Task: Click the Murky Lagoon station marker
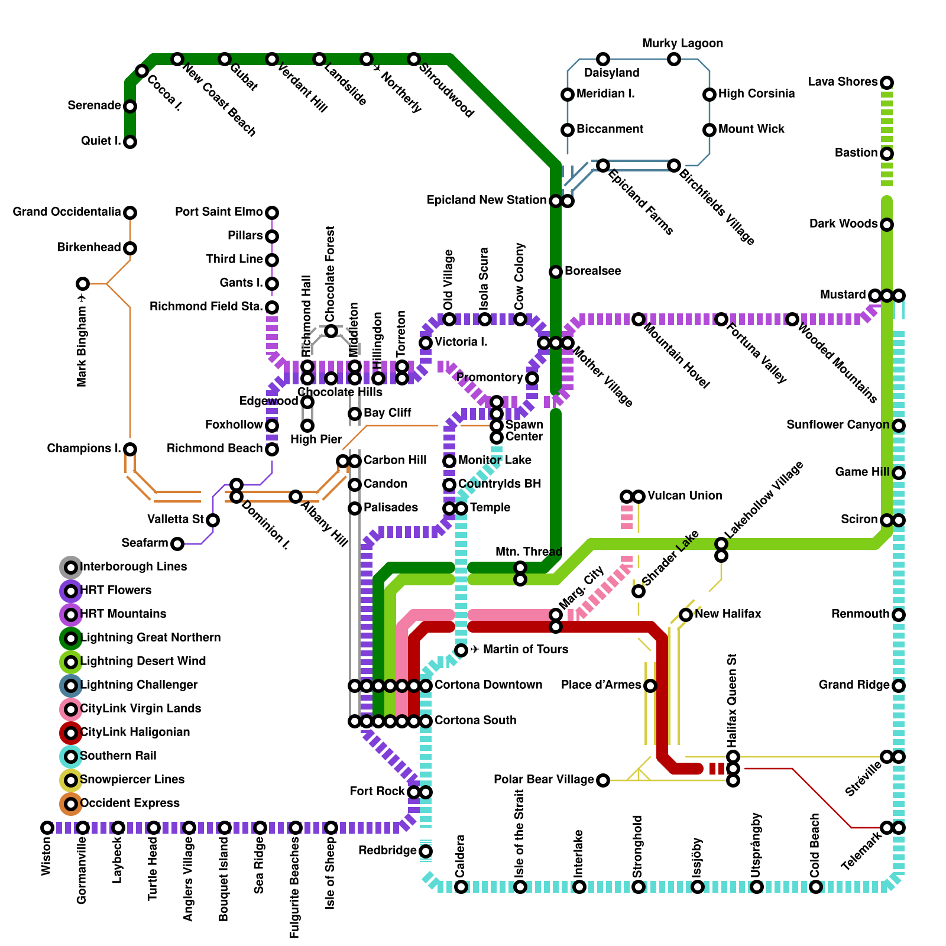point(674,59)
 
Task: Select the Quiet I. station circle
point(130,142)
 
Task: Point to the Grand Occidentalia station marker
point(130,212)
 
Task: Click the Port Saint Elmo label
point(219,212)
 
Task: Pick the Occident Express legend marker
point(71,804)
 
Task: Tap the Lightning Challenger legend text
point(139,685)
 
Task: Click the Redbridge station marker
point(426,851)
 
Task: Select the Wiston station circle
point(47,828)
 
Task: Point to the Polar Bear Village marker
point(603,780)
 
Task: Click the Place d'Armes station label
point(601,685)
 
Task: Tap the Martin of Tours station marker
point(461,650)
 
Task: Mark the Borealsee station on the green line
point(556,272)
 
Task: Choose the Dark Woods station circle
point(887,225)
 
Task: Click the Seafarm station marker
point(177,543)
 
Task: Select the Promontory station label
point(489,377)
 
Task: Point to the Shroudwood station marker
point(414,59)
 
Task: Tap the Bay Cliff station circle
point(355,414)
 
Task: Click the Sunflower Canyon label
point(838,425)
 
